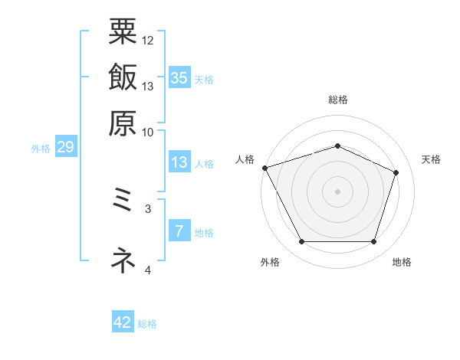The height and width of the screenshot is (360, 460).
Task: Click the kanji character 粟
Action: coord(123,32)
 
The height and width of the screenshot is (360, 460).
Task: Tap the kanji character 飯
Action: coord(123,77)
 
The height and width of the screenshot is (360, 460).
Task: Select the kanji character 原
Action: coord(123,122)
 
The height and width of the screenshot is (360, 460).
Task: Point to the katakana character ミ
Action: coord(123,203)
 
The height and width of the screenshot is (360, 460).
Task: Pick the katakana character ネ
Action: coord(123,260)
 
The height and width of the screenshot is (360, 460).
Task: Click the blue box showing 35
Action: coord(179,77)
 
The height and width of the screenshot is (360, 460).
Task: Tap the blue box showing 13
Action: coord(179,162)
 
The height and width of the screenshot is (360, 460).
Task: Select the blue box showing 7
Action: coord(179,231)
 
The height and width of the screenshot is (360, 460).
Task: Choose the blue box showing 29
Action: coord(65,148)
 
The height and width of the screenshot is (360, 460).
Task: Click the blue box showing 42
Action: coord(123,322)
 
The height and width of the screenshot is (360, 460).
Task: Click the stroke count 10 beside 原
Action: coord(148,131)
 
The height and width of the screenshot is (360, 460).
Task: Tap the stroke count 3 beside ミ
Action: coord(148,208)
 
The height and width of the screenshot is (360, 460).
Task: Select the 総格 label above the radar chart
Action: coord(337,100)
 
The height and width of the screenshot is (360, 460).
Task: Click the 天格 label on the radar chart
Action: coord(431,159)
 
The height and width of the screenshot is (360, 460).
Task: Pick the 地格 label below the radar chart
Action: coord(402,263)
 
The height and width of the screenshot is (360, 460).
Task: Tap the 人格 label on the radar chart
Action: coord(245,159)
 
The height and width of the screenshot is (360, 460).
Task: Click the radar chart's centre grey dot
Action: coord(337,191)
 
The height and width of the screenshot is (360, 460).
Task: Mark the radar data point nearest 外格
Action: coord(301,242)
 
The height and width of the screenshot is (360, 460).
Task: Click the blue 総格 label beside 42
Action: coord(147,324)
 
